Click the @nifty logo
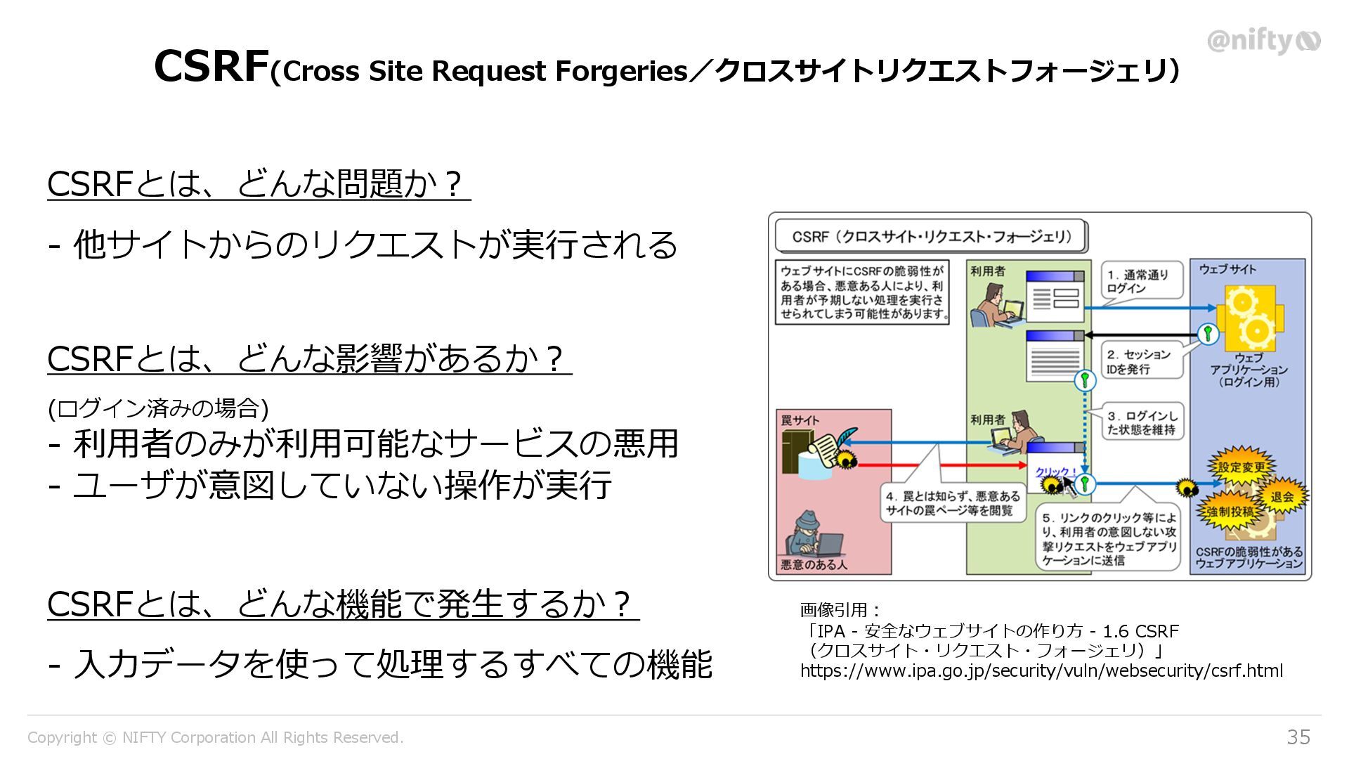pos(1263,41)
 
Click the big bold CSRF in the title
pos(211,67)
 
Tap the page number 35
pos(1298,737)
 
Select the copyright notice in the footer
pos(215,737)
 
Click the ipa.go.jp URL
pos(1041,670)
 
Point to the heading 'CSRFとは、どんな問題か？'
pos(257,184)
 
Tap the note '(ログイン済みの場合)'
pos(158,408)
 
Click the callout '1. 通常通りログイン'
pos(1139,281)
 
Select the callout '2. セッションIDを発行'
pos(1139,361)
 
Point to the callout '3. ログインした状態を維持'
pos(1142,422)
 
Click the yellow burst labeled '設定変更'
pos(1241,467)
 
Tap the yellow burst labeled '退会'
pos(1282,496)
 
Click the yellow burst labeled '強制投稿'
pos(1230,512)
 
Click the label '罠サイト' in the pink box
pos(800,420)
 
